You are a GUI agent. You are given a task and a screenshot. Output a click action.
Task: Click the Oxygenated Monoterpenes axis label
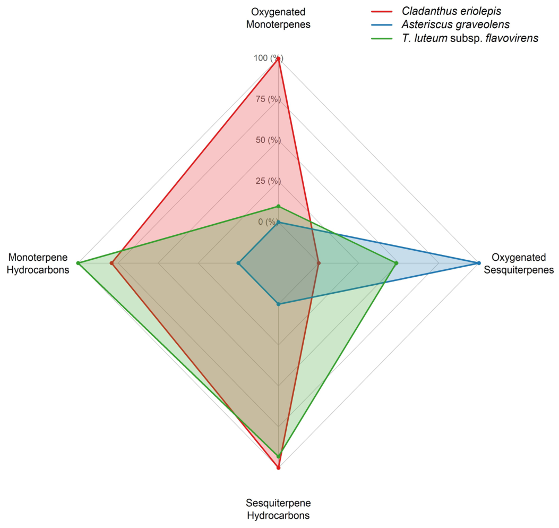278,18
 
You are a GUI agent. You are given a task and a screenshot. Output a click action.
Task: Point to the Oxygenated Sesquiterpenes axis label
519,263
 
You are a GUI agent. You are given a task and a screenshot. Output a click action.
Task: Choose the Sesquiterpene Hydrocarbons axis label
278,509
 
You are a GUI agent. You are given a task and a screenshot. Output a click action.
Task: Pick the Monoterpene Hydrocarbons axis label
38,263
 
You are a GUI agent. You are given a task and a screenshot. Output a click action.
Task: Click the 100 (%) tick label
269,58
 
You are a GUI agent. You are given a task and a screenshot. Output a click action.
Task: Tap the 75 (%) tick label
268,99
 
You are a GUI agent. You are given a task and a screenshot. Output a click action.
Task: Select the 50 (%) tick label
268,140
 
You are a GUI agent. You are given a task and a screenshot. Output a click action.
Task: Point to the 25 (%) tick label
268,181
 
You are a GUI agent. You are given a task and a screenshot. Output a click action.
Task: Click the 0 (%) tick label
268,222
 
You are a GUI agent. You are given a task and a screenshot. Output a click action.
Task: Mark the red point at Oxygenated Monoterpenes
278,59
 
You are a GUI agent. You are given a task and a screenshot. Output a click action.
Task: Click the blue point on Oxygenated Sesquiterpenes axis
479,263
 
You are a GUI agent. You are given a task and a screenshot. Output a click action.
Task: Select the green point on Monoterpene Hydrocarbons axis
78,263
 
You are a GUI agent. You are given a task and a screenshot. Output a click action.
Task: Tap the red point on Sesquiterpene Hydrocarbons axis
278,467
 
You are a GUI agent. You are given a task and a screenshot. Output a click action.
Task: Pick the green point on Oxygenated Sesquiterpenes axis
396,263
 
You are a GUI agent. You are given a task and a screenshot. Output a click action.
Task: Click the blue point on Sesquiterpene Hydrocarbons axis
278,304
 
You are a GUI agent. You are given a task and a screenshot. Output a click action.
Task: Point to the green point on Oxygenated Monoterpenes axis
278,206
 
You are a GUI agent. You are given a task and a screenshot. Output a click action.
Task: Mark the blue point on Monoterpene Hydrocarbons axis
238,263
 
